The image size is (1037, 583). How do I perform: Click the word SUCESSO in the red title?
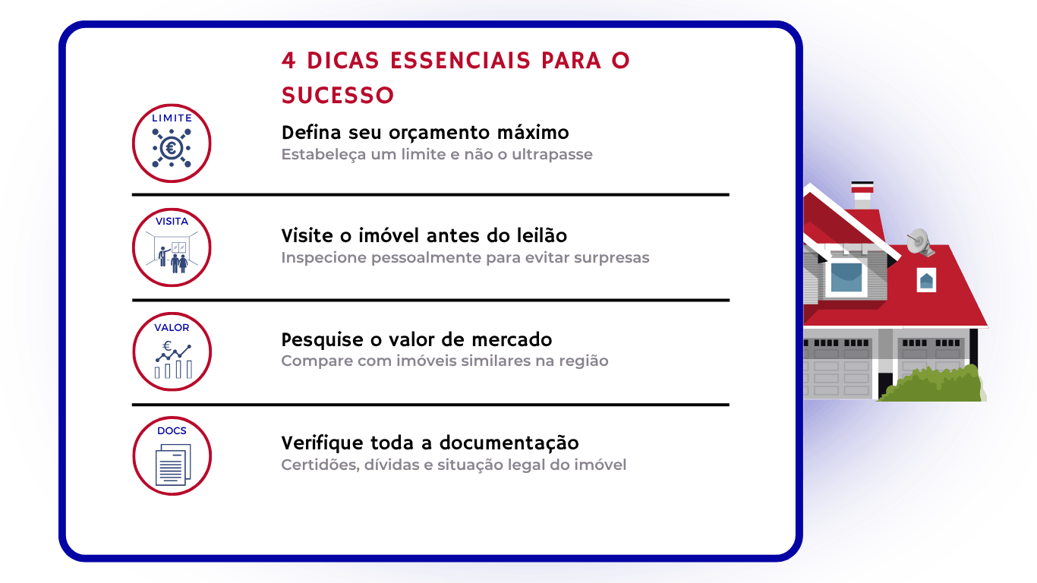coord(338,96)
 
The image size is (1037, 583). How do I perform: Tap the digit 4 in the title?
coord(288,61)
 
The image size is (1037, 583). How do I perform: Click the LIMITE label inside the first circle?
coord(172,118)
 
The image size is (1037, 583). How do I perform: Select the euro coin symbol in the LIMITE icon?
coord(172,148)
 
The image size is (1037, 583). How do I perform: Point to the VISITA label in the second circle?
coord(172,222)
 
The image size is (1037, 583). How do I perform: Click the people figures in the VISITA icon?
coord(172,260)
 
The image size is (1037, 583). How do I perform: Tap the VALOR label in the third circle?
coord(172,328)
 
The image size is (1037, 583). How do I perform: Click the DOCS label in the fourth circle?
coord(172,430)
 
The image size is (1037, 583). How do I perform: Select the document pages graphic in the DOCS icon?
coord(173,465)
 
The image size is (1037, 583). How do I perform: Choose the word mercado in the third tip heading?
coord(512,339)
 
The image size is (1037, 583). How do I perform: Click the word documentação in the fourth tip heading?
coord(509,443)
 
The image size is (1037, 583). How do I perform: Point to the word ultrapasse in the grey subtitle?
coord(552,155)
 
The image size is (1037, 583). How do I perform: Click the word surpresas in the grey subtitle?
coord(612,258)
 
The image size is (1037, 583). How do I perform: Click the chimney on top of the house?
coord(862,195)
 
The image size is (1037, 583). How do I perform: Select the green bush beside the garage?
coord(932,383)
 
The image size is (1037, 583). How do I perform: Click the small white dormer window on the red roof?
coord(926,279)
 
